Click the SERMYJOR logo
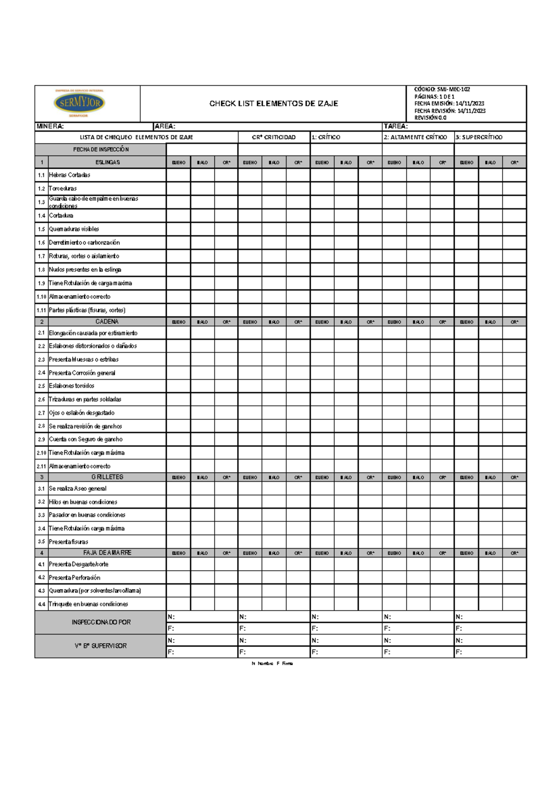[79, 103]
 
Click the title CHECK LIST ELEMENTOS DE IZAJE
[273, 103]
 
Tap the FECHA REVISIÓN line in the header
[450, 111]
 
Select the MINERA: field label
[50, 126]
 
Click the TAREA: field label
[395, 126]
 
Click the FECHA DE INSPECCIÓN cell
[101, 150]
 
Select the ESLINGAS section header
[108, 163]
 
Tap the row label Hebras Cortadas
[69, 175]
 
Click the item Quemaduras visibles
[74, 229]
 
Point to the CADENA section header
[107, 322]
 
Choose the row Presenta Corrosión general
[82, 373]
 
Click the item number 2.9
[41, 439]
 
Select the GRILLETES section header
[107, 477]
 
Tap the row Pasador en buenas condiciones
[87, 515]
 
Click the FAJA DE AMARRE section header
[107, 553]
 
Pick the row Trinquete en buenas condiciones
[89, 604]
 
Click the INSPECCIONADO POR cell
[101, 622]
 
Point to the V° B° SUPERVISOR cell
[101, 646]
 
